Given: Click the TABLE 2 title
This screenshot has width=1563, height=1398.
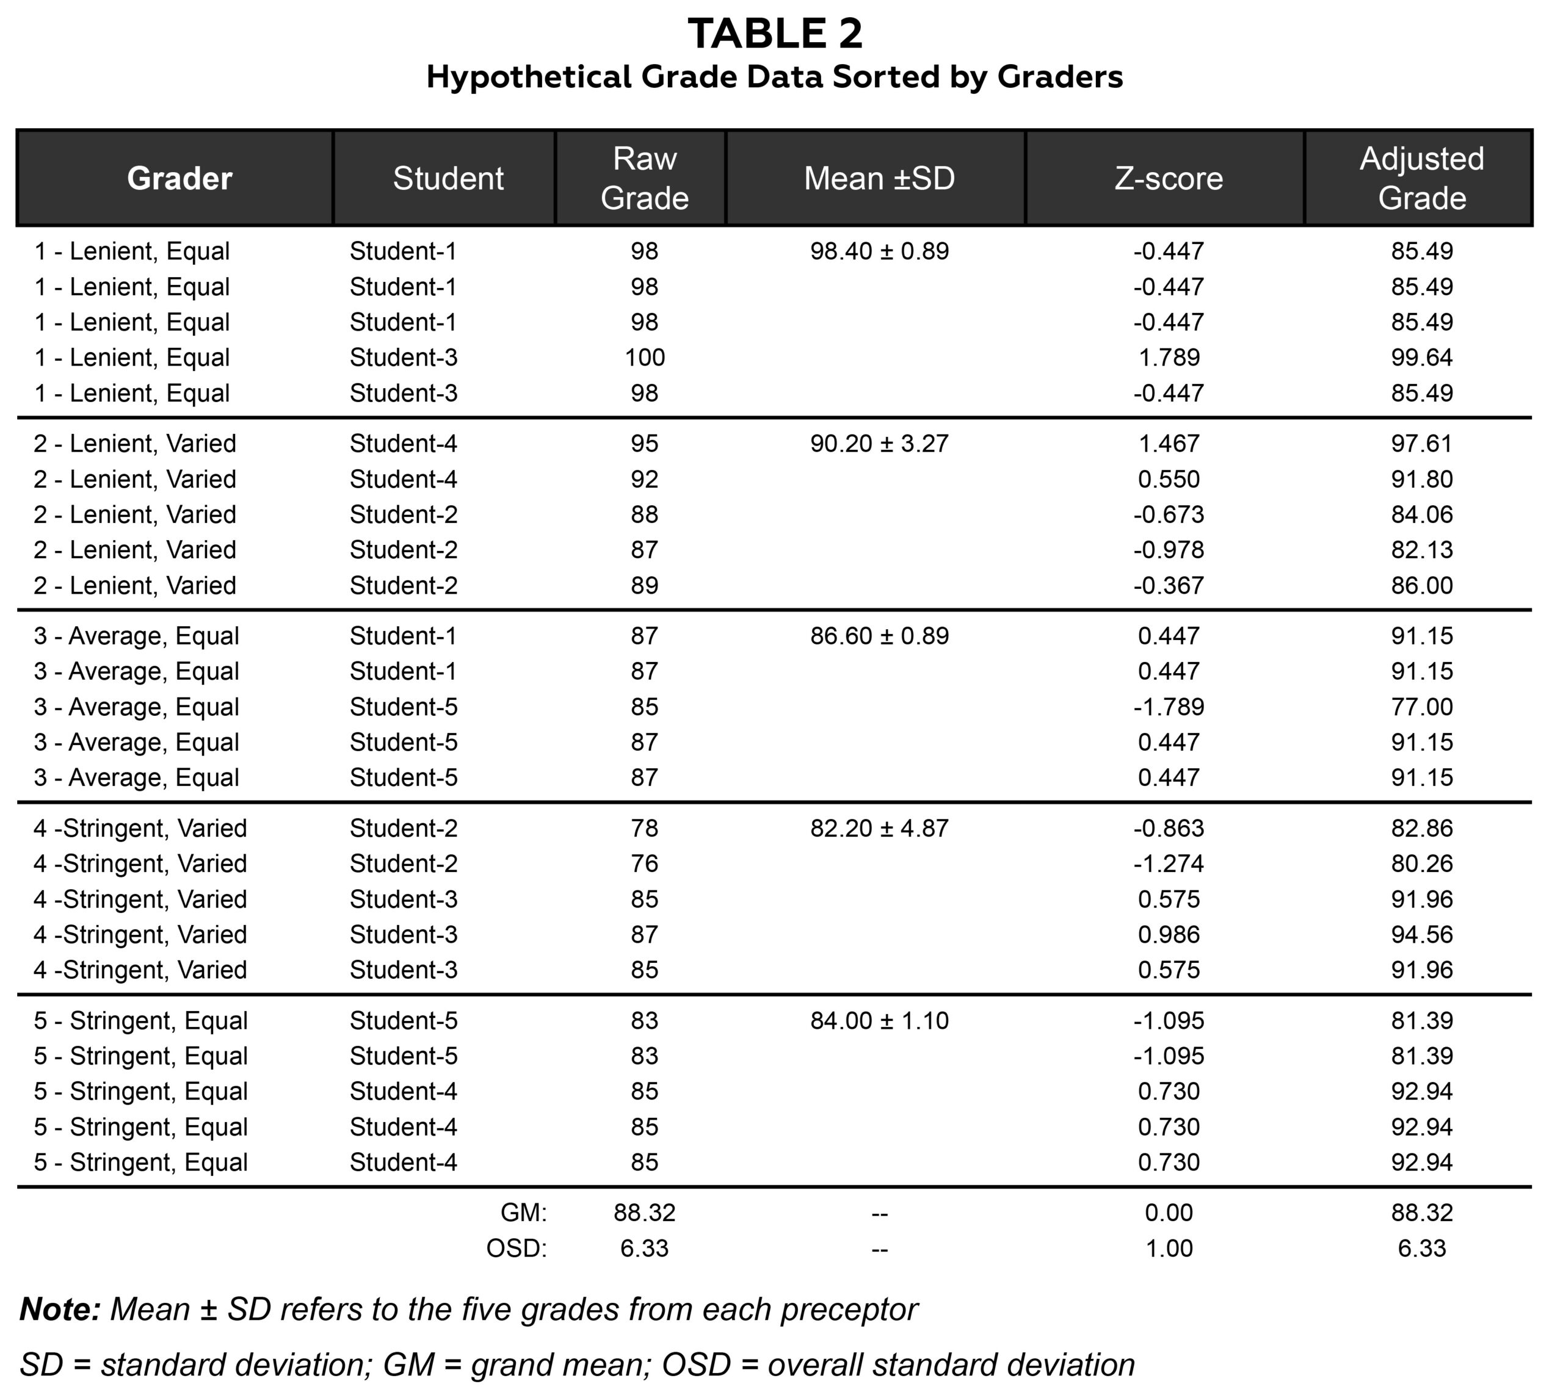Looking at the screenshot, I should click(775, 35).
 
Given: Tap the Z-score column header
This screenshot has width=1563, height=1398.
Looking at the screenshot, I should click(1168, 179).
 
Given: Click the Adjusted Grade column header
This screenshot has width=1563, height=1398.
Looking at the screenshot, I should click(1421, 178).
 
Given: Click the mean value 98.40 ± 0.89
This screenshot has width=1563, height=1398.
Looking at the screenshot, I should click(879, 252).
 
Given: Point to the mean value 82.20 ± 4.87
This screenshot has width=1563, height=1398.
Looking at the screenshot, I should click(879, 829).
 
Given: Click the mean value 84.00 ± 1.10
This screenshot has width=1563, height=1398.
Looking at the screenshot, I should click(879, 1021).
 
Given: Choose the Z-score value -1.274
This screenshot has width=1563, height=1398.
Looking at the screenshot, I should click(1168, 864).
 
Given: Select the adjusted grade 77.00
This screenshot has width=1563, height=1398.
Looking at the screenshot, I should click(1421, 707).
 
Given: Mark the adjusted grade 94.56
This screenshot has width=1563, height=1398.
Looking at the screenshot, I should click(1421, 935).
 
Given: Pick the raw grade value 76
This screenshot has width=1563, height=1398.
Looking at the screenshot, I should click(644, 864).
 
